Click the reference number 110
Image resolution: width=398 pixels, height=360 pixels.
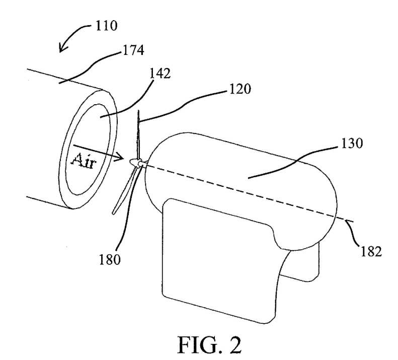click(106, 26)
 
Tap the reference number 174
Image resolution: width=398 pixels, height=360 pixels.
click(133, 50)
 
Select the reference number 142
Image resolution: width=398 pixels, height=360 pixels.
click(160, 74)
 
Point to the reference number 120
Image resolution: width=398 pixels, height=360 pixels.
click(240, 89)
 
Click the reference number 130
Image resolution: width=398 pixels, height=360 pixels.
click(352, 143)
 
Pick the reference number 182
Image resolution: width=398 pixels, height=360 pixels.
click(371, 252)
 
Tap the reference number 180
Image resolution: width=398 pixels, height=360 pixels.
click(110, 260)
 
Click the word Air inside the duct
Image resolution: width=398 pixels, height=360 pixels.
click(84, 161)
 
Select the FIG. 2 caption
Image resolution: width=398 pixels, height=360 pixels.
click(209, 345)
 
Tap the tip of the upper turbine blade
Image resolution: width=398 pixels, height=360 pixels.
click(138, 111)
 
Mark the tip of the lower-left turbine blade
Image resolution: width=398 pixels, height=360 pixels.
click(114, 212)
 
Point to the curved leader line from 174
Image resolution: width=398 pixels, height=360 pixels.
click(90, 67)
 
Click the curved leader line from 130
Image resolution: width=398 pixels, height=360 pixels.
click(293, 162)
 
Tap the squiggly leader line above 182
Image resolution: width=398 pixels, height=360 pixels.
click(353, 233)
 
